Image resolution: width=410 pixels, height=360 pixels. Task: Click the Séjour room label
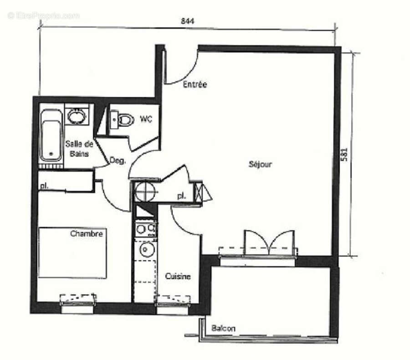(261, 164)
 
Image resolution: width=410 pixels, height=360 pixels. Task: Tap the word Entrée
(195, 85)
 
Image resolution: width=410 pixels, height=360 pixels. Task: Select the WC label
(146, 119)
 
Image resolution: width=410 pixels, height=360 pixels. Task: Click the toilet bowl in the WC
(124, 120)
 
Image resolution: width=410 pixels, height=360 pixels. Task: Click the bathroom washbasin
(77, 115)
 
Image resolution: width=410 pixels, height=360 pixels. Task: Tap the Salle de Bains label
(79, 149)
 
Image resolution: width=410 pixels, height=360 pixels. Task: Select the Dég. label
(118, 160)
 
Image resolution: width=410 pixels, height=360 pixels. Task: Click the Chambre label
(87, 234)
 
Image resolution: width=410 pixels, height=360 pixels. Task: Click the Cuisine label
(178, 276)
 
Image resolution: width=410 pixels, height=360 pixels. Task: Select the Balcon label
(223, 329)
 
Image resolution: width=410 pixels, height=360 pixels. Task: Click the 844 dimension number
(187, 21)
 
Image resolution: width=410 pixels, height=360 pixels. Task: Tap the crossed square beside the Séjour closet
(198, 192)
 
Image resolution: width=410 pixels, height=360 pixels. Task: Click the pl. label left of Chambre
(44, 185)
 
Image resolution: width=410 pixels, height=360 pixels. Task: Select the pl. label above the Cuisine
(181, 196)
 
